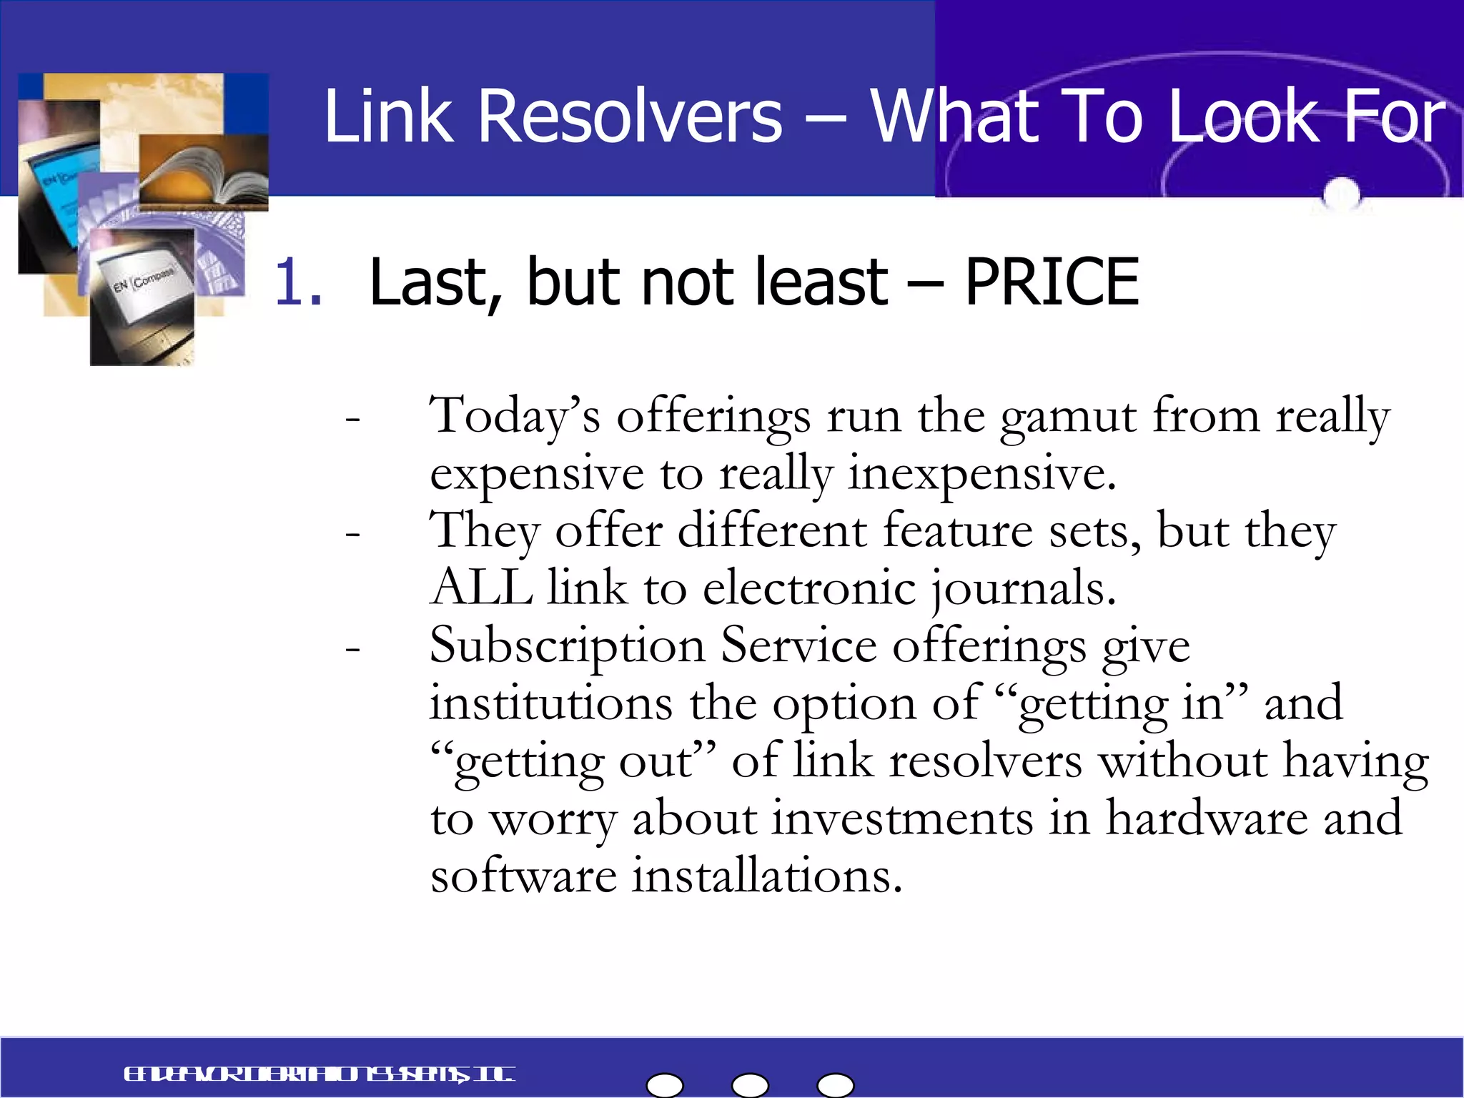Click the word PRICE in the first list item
1052,282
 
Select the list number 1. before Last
297,282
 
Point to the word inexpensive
981,474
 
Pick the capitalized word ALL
482,588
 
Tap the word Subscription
567,646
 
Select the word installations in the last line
766,876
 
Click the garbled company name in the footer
319,1074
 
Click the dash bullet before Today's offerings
352,419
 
